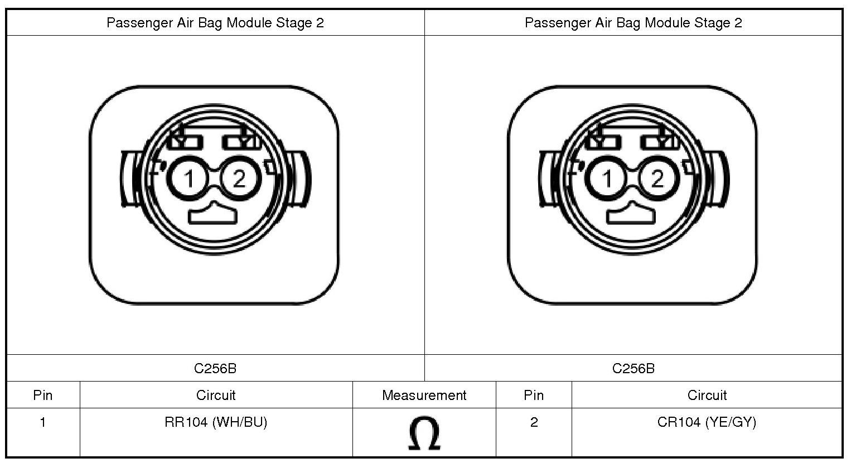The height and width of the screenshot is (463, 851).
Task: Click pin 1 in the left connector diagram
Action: click(x=188, y=179)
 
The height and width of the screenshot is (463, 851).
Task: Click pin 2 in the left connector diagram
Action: click(x=240, y=179)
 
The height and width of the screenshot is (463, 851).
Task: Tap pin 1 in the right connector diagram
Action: click(x=606, y=179)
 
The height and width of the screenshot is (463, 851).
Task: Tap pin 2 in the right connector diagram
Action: click(x=658, y=179)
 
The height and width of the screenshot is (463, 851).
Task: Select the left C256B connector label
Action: click(x=215, y=368)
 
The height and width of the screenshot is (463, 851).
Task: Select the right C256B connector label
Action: click(x=634, y=368)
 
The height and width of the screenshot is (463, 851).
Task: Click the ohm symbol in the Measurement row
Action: click(x=424, y=433)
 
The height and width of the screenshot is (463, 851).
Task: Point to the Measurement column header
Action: click(x=424, y=396)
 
